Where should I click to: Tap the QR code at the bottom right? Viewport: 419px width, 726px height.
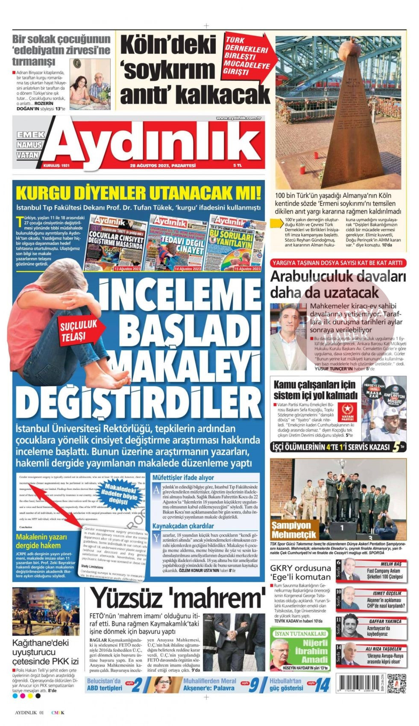(396, 682)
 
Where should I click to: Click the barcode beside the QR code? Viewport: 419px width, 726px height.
(360, 683)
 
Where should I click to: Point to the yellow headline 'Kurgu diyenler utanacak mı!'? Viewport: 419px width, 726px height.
(138, 193)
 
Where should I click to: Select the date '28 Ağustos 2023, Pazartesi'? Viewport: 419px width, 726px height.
(163, 165)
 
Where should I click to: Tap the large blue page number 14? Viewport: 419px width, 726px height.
(322, 685)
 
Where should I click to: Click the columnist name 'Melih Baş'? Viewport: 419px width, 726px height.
(391, 564)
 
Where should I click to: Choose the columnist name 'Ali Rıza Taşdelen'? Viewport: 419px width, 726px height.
(383, 648)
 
